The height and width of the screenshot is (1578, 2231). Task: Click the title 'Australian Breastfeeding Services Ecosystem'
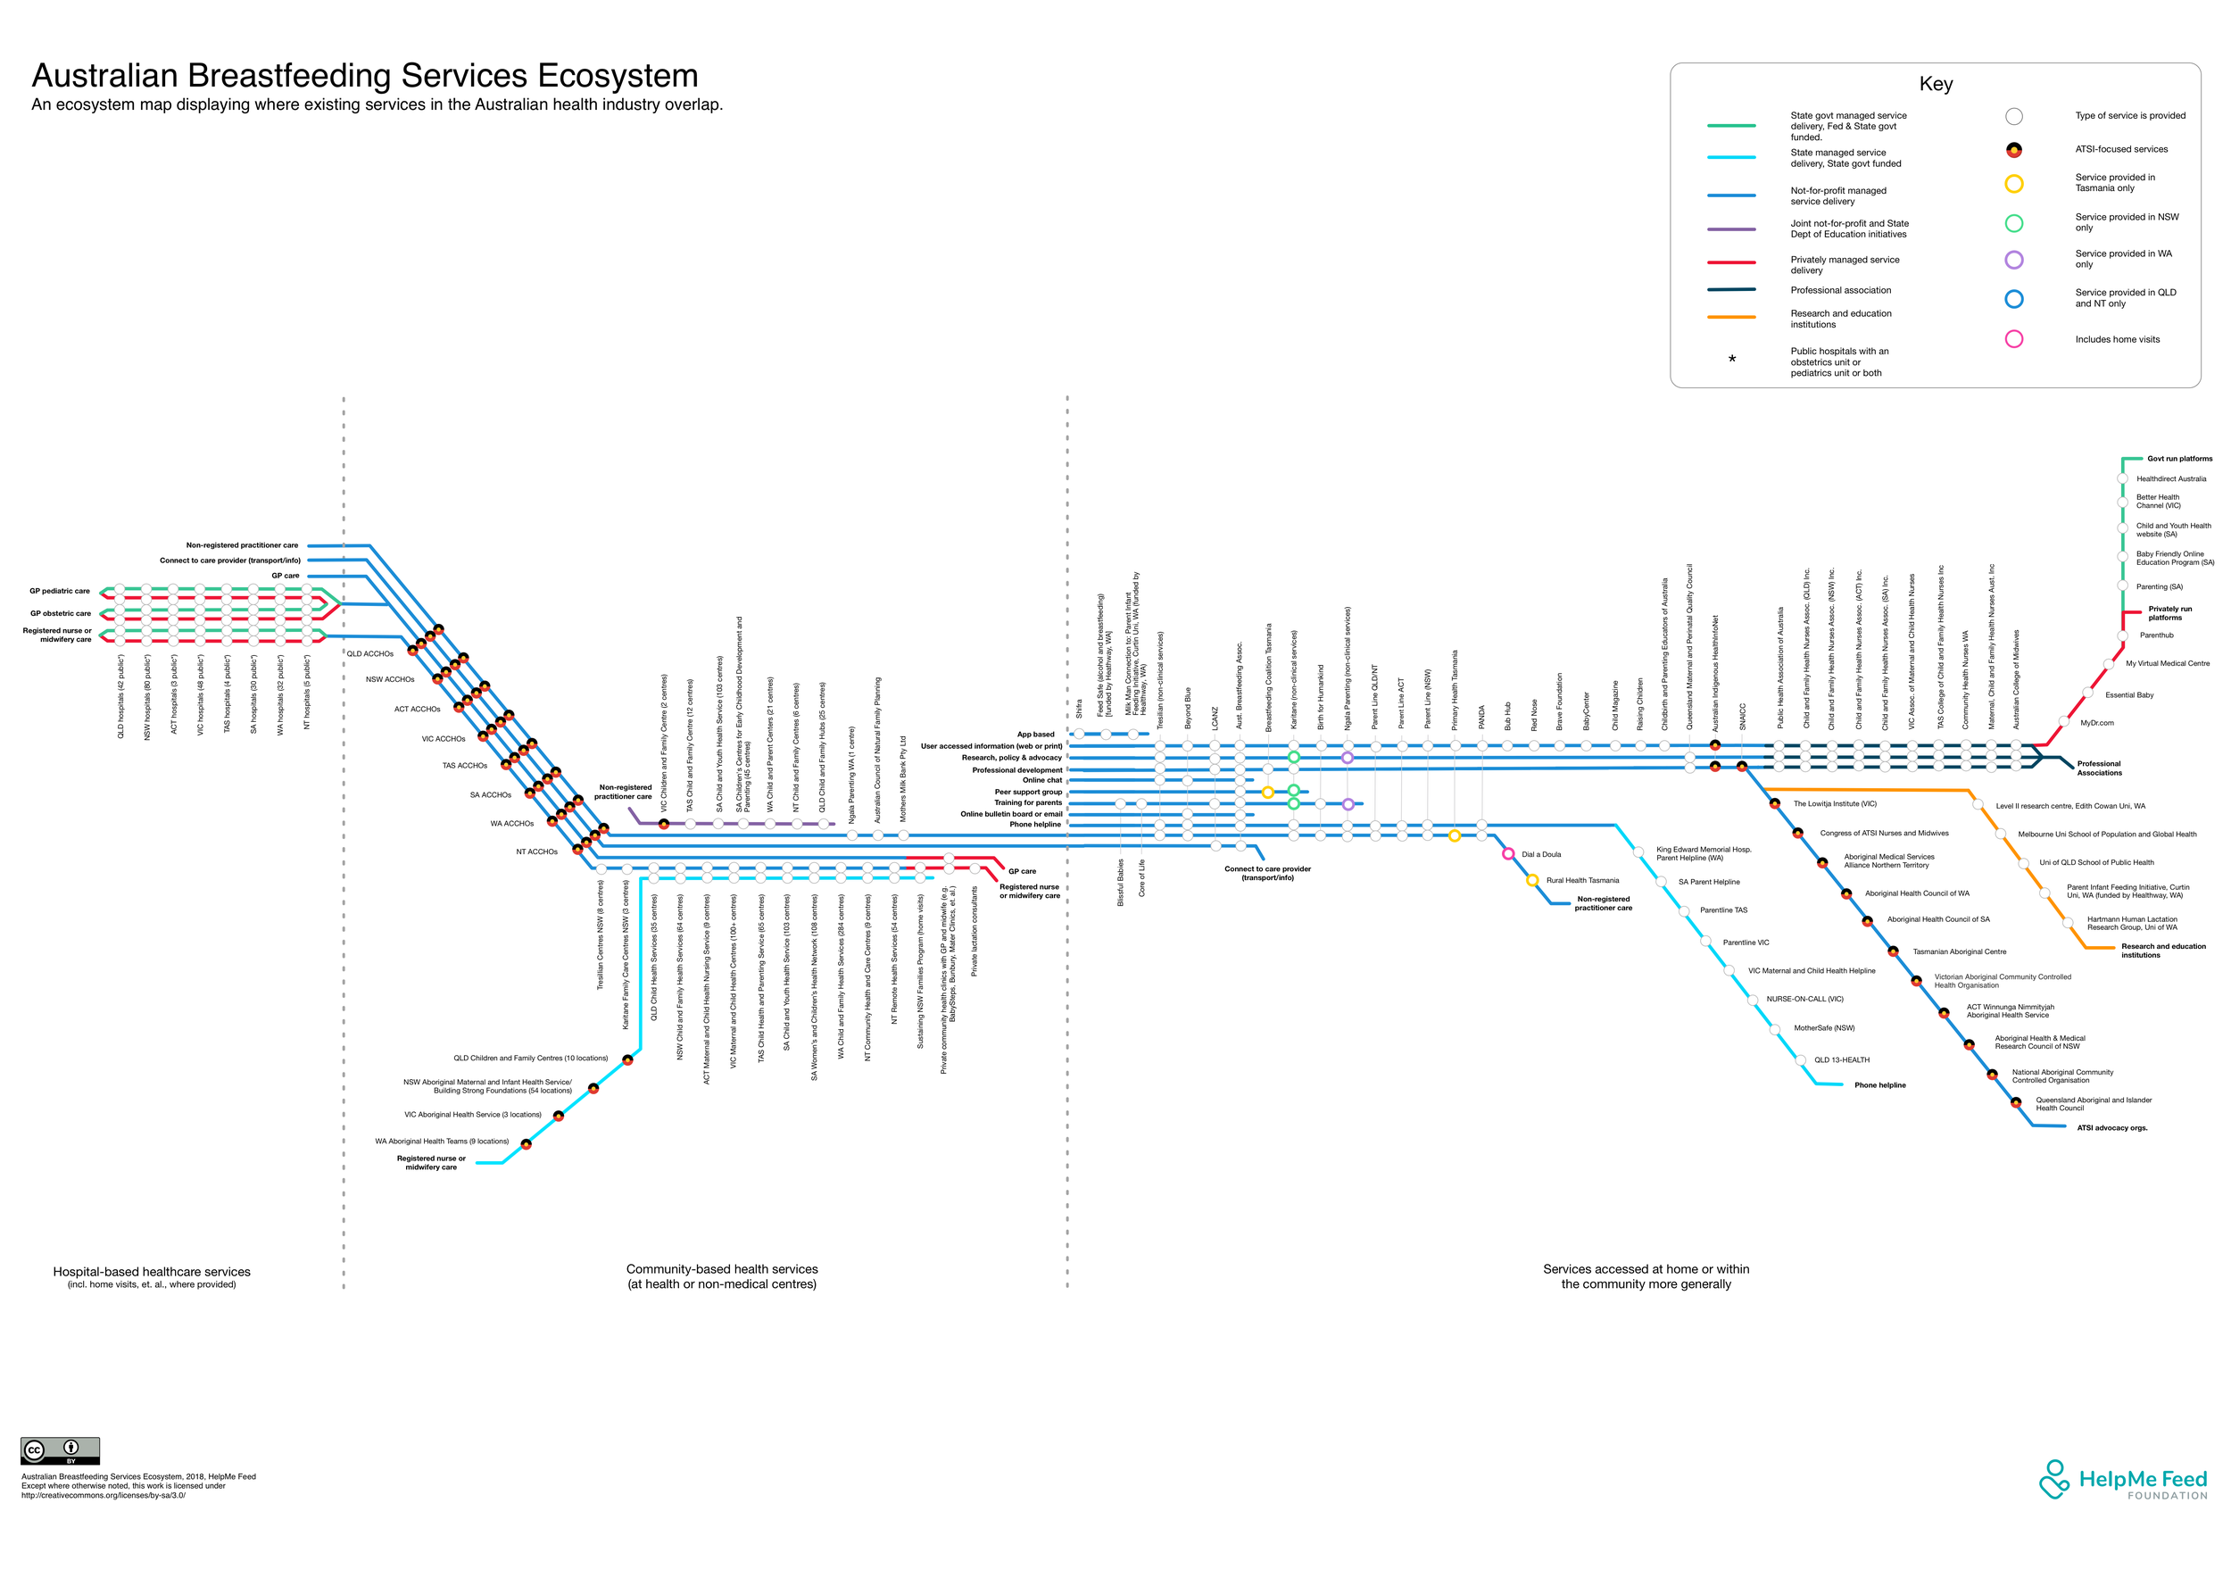pyautogui.click(x=364, y=76)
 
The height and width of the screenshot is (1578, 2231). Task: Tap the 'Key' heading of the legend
pyautogui.click(x=1936, y=84)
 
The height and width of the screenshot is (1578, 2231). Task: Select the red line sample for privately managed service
pyautogui.click(x=1730, y=262)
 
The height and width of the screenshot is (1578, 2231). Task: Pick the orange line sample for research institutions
pyautogui.click(x=1730, y=317)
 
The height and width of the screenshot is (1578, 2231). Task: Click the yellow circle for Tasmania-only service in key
pyautogui.click(x=2014, y=184)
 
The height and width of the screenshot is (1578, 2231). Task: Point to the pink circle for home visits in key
pyautogui.click(x=2014, y=339)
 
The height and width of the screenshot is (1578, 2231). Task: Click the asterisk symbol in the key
pyautogui.click(x=1731, y=361)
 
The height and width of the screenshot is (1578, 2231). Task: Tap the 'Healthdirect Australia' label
pyautogui.click(x=2170, y=479)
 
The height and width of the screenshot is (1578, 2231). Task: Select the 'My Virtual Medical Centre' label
pyautogui.click(x=2167, y=664)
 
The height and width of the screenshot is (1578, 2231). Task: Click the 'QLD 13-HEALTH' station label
pyautogui.click(x=1841, y=1060)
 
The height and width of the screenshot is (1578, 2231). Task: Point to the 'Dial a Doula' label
pyautogui.click(x=1541, y=855)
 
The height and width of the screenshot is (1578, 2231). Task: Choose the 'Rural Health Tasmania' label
pyautogui.click(x=1582, y=880)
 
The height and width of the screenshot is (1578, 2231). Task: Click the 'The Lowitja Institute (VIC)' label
pyautogui.click(x=1835, y=804)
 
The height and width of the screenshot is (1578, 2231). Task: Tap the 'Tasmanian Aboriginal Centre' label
pyautogui.click(x=1959, y=952)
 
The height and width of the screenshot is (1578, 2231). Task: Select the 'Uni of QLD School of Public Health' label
pyautogui.click(x=2096, y=863)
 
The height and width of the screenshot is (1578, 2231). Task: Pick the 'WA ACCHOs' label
pyautogui.click(x=511, y=824)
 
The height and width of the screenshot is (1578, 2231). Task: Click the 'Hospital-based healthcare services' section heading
pyautogui.click(x=152, y=1272)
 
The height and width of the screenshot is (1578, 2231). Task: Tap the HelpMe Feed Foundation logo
pyautogui.click(x=2122, y=1480)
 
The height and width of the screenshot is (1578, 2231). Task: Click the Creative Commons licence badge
pyautogui.click(x=61, y=1450)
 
